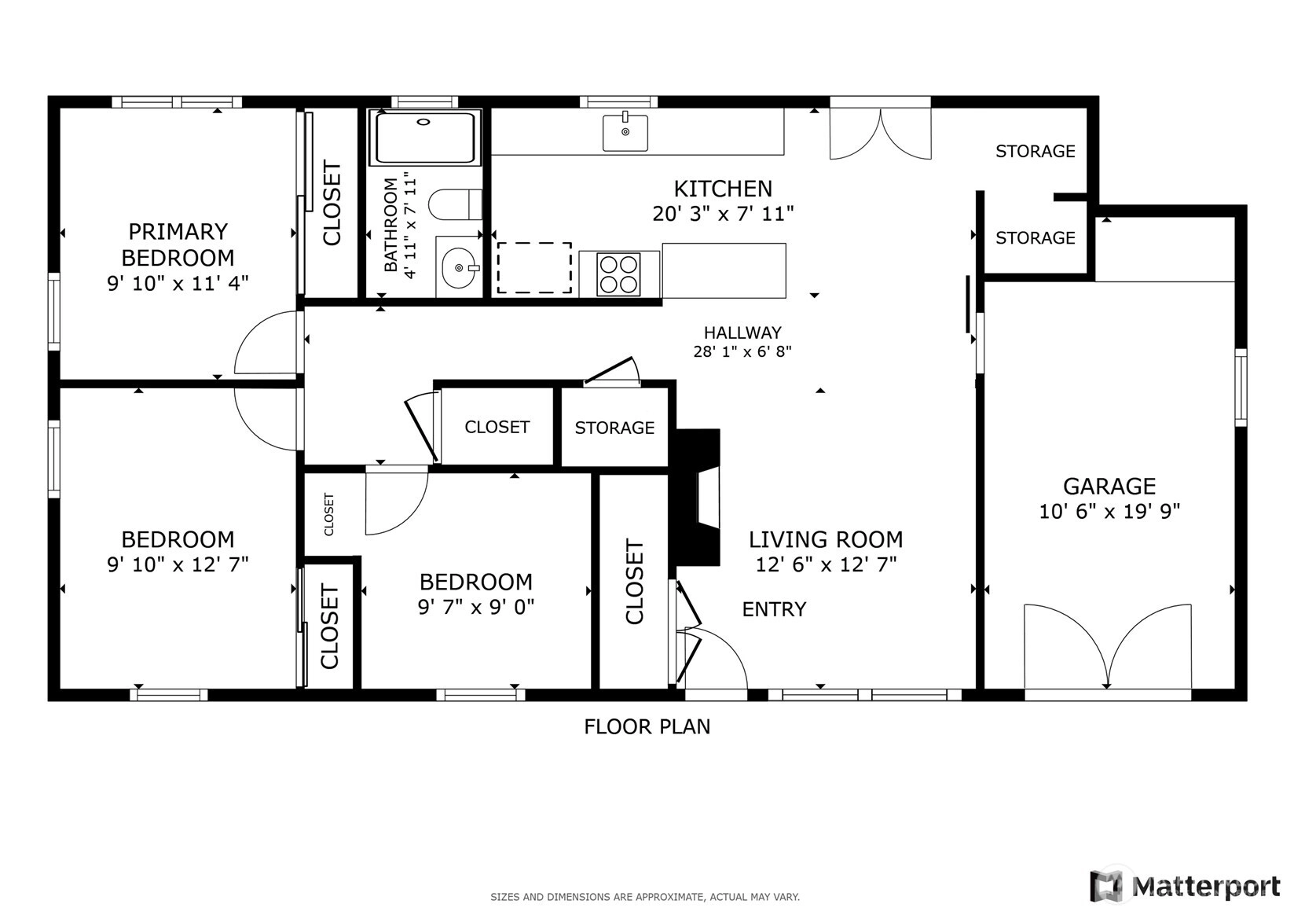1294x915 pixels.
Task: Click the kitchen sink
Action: coord(625,132)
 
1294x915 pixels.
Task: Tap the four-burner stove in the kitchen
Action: coord(618,274)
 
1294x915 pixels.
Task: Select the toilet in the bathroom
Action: coord(455,204)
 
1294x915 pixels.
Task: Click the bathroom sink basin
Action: coord(460,267)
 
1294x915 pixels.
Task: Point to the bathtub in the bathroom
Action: coord(426,138)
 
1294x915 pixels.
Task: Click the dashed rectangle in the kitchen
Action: coord(534,267)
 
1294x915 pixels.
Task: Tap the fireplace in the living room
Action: coord(698,497)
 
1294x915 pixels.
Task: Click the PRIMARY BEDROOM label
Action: coord(178,244)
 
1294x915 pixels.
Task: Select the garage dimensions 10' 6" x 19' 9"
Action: coord(1109,512)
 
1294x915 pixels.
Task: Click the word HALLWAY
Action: coord(742,333)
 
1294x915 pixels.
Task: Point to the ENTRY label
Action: coord(774,609)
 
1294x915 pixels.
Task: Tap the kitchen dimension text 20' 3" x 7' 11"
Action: coord(723,214)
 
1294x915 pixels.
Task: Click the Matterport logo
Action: coord(1185,886)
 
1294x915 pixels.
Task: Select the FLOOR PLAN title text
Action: coord(647,726)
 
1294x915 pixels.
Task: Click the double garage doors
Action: coord(1108,648)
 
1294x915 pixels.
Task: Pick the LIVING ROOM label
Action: coord(826,539)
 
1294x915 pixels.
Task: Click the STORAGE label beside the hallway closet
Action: coord(614,428)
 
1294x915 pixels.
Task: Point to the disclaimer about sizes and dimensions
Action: coord(645,897)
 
